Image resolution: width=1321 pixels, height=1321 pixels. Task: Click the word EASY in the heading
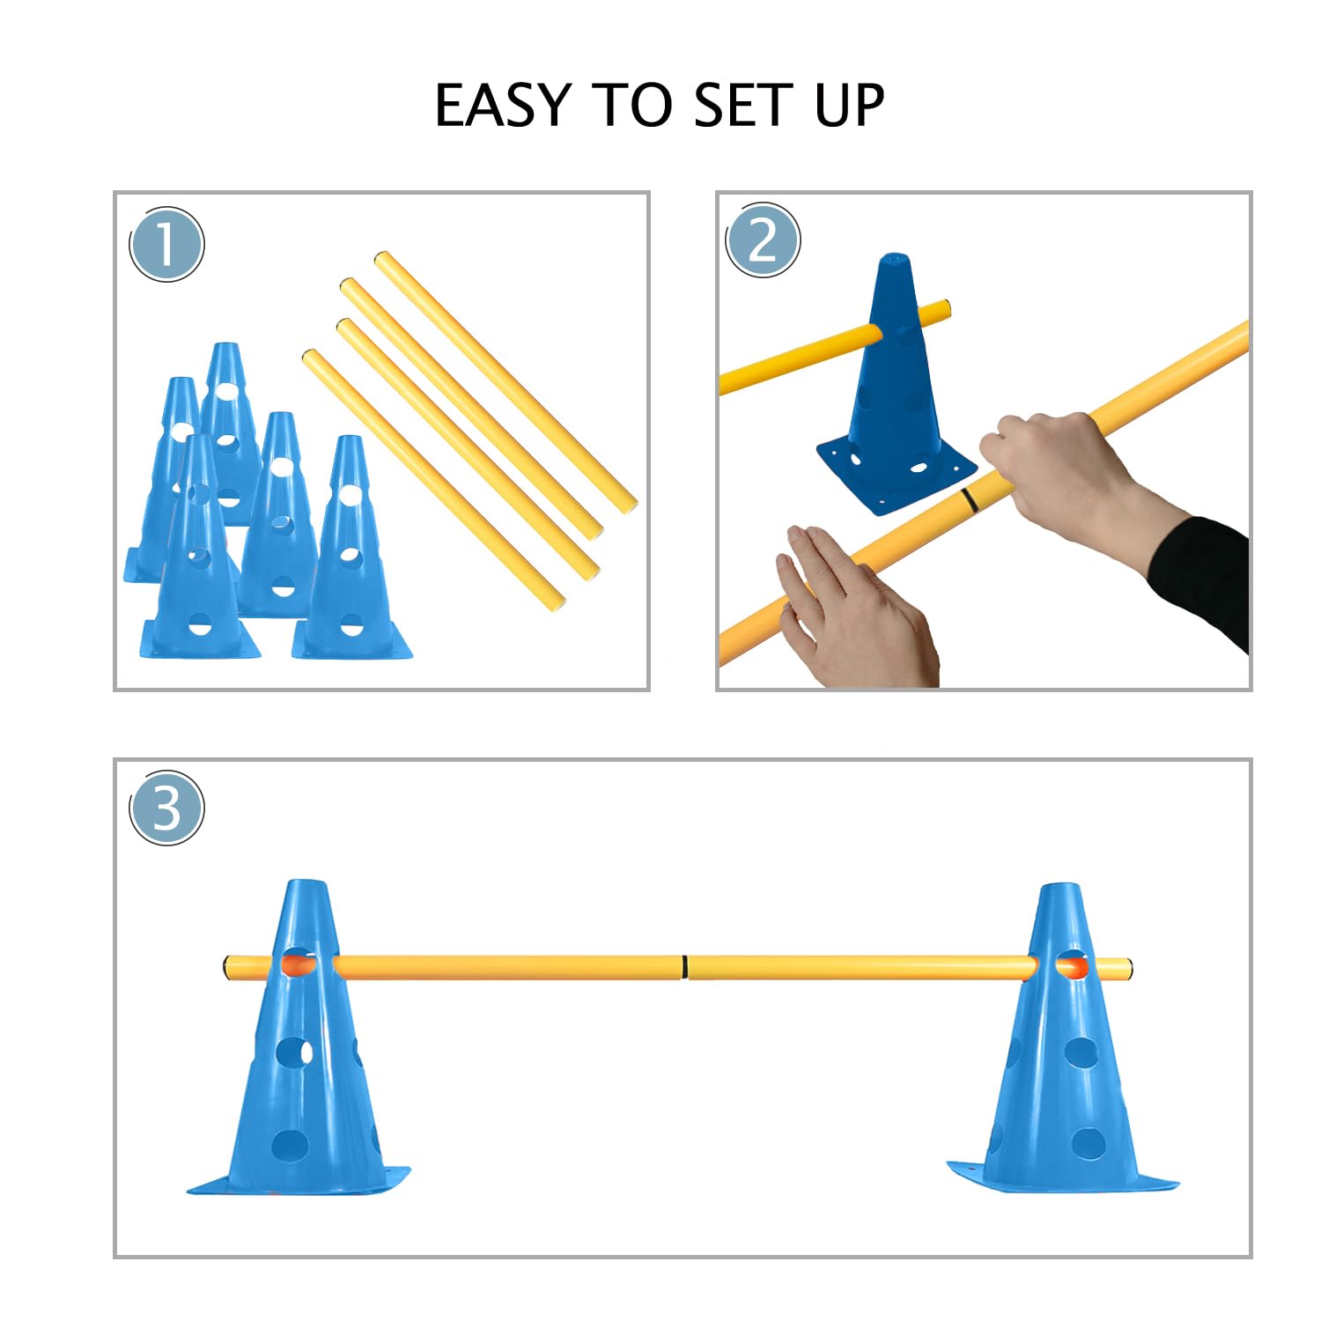pyautogui.click(x=503, y=107)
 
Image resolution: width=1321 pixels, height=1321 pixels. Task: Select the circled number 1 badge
pyautogui.click(x=166, y=244)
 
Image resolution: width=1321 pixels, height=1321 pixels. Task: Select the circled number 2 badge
pyautogui.click(x=763, y=240)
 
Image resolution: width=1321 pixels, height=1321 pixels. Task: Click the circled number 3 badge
pyautogui.click(x=166, y=808)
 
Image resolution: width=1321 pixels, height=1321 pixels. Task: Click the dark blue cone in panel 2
pyautogui.click(x=891, y=370)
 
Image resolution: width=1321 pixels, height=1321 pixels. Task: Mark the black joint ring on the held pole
pyautogui.click(x=969, y=499)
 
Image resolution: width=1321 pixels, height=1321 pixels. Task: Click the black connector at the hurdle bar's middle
pyautogui.click(x=684, y=967)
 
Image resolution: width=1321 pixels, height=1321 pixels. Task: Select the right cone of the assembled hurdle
pyautogui.click(x=1062, y=1057)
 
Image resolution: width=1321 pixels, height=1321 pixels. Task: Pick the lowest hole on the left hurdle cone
pyautogui.click(x=290, y=1145)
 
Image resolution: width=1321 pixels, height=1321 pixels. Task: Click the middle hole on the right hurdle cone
pyautogui.click(x=1080, y=1052)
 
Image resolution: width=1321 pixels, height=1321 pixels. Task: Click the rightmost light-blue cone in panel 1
pyautogui.click(x=351, y=555)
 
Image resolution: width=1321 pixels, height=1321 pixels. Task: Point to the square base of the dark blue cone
pyautogui.click(x=894, y=476)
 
